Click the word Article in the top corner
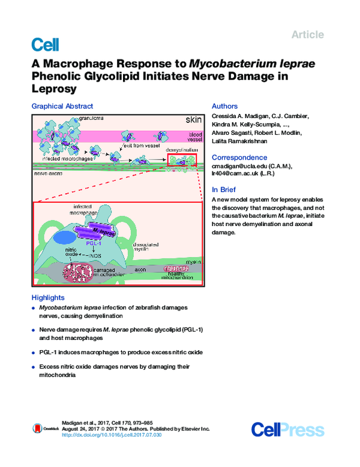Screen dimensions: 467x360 [x=307, y=35]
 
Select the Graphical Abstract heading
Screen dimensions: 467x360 [x=62, y=106]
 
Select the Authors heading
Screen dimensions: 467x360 [x=224, y=106]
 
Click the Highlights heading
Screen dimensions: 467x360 [x=47, y=297]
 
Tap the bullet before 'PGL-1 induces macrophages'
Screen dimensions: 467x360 [x=33, y=352]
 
